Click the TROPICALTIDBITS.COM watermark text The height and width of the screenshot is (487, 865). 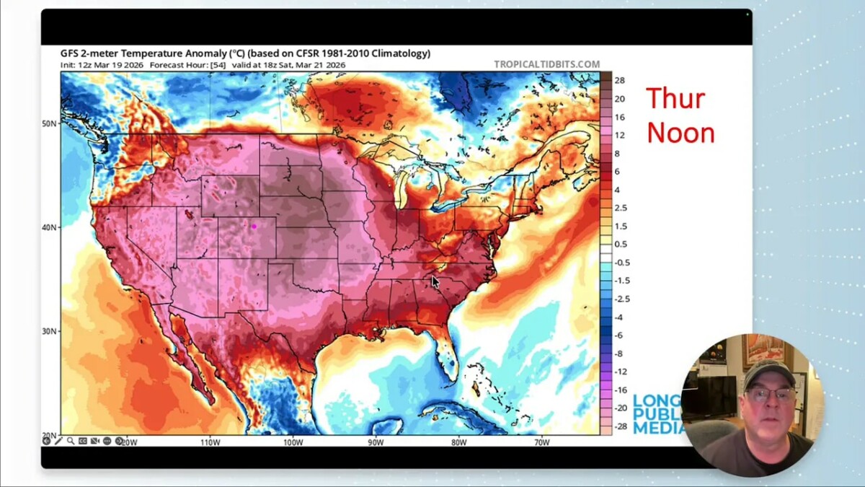(x=546, y=64)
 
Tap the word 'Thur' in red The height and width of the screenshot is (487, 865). (x=675, y=99)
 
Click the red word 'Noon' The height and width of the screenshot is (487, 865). (x=680, y=133)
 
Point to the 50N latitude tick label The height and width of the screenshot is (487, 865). (x=49, y=123)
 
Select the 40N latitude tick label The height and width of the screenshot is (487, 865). (x=49, y=227)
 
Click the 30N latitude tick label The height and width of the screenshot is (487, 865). (x=49, y=331)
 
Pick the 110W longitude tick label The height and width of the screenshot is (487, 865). (x=210, y=442)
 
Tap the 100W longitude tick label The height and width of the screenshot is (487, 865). (x=293, y=442)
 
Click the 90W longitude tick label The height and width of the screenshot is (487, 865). (x=376, y=442)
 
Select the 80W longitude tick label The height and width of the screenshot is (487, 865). (x=458, y=442)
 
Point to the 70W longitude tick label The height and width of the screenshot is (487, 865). (x=541, y=442)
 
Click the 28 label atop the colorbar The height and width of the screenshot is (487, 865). (x=619, y=81)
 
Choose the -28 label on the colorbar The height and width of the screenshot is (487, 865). (x=619, y=426)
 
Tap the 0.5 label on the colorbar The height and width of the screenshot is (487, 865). (x=620, y=244)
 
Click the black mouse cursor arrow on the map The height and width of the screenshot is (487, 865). (x=435, y=282)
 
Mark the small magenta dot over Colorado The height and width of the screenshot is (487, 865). (x=254, y=227)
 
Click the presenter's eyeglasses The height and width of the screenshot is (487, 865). (x=769, y=394)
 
